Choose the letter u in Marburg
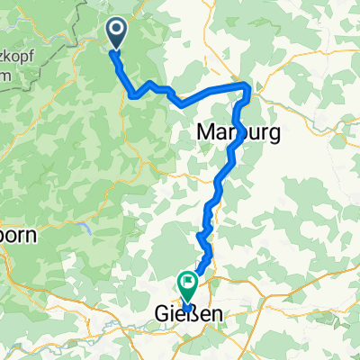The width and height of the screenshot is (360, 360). tap(249, 134)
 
